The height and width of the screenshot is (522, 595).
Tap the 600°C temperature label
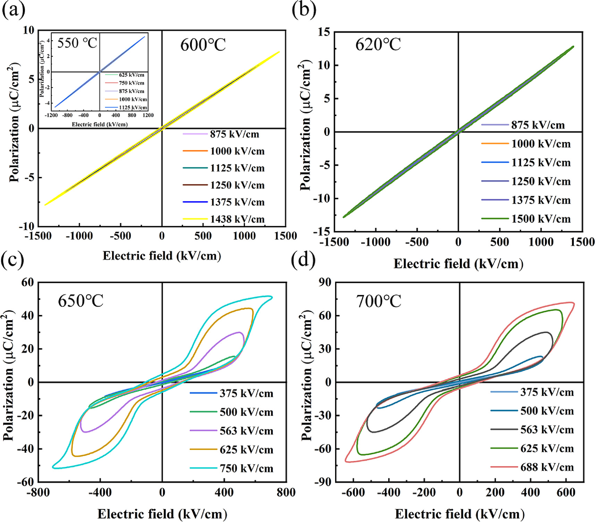[203, 45]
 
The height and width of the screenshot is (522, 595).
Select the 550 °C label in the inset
[77, 43]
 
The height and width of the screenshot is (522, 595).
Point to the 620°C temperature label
[378, 44]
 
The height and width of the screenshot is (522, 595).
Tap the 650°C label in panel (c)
[80, 301]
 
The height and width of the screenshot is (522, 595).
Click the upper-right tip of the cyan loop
[272, 297]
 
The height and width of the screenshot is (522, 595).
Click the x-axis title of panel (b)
[458, 264]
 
